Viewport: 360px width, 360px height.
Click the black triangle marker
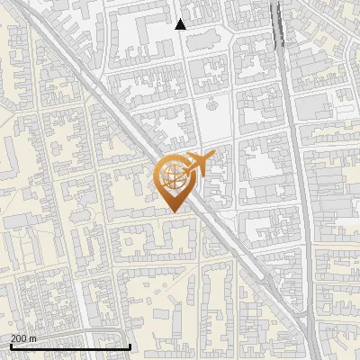tap(181, 24)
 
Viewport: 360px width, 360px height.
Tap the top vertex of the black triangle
tap(181, 19)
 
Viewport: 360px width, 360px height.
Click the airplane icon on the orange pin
tap(200, 164)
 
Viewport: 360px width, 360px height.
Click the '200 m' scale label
tap(23, 338)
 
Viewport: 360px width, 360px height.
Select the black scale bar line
tap(70, 346)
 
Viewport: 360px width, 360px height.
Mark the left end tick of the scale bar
tap(11, 346)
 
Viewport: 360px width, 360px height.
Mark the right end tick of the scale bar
tap(130, 346)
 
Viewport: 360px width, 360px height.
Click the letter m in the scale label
tap(32, 338)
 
